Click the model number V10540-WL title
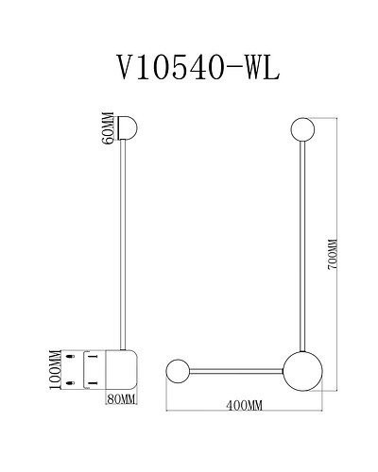click(197, 67)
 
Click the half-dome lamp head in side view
click(131, 128)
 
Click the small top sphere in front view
click(302, 128)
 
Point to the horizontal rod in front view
click(236, 366)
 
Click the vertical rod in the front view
click(302, 245)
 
